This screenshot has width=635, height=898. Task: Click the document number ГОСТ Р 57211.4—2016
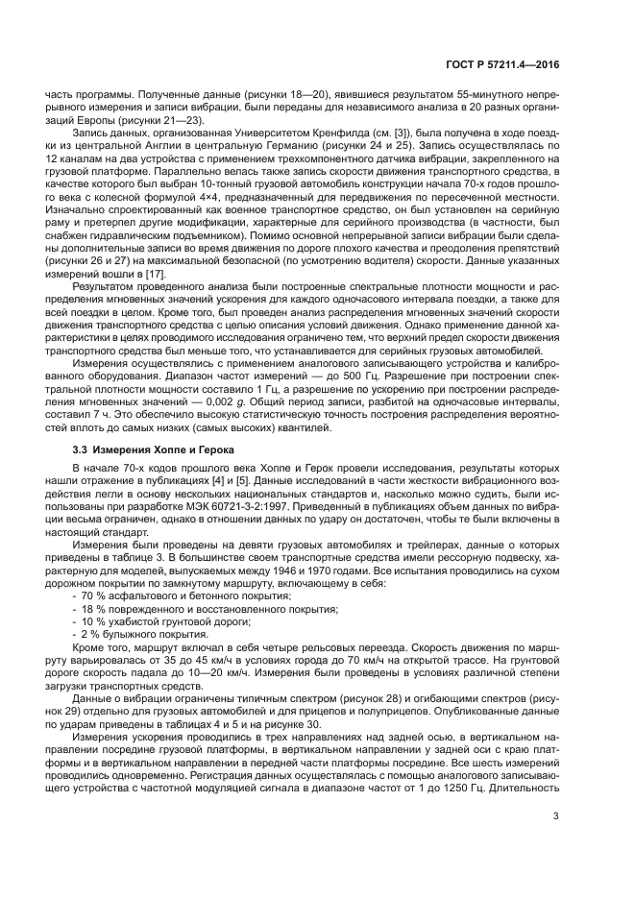tap(503, 64)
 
